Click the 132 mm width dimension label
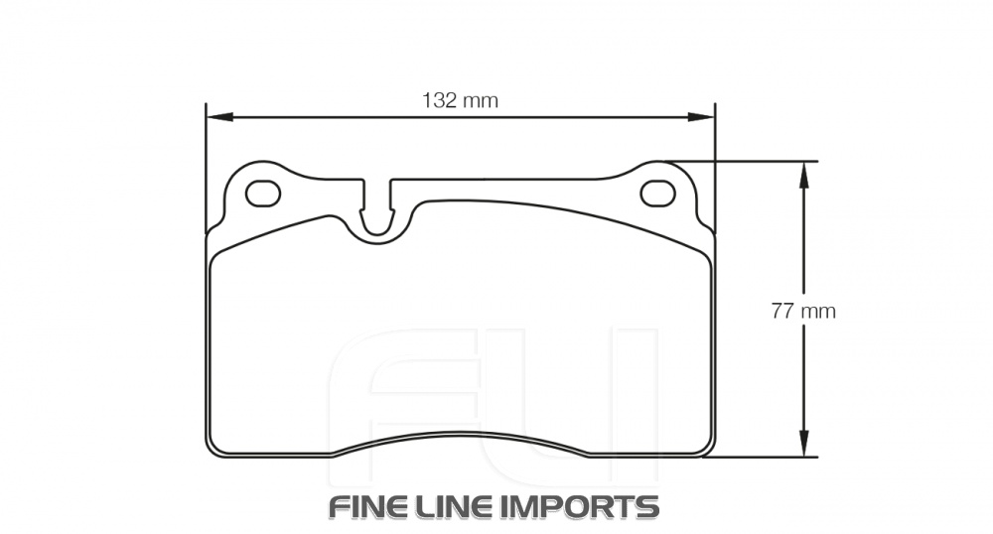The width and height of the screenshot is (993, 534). [x=460, y=100]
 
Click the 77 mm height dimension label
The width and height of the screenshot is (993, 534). [x=803, y=311]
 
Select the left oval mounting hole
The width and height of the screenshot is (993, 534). [x=263, y=194]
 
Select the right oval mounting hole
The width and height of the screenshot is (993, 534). [x=657, y=194]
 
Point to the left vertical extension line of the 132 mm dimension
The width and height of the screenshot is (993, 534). [x=206, y=159]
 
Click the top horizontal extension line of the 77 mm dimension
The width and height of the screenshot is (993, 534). [x=755, y=161]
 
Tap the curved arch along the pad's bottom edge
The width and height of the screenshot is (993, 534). [x=460, y=437]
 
